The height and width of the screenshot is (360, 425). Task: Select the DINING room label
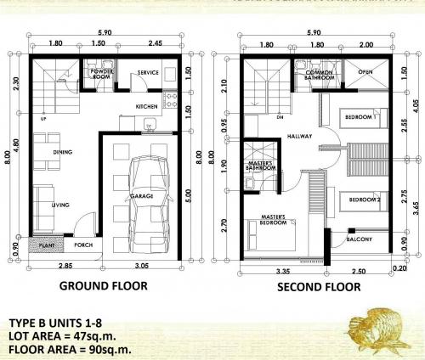(61, 152)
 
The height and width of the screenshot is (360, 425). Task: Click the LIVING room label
(59, 205)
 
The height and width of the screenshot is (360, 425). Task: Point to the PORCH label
(83, 245)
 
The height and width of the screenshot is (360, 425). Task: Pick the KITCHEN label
(147, 106)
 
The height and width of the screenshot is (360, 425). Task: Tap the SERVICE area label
(150, 73)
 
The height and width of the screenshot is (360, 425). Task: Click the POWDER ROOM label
(103, 74)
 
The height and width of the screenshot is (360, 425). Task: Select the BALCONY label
(360, 239)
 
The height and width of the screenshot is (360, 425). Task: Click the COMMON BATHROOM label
(321, 76)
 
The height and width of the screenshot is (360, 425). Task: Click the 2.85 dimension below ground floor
(64, 267)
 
